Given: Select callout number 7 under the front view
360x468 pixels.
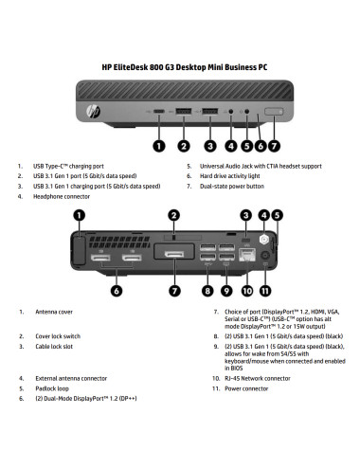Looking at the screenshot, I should [x=275, y=147].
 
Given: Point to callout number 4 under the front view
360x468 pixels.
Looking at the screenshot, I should [x=231, y=147].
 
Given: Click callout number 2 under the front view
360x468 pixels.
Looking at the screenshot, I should [x=181, y=147].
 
